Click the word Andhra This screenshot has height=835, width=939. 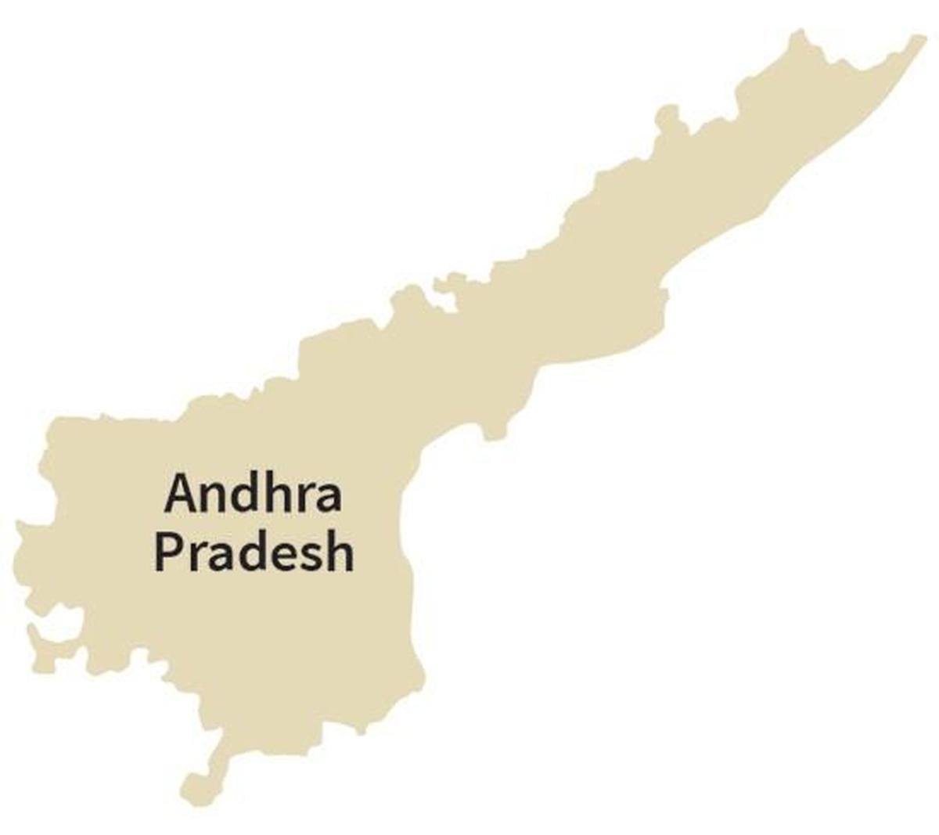(253, 494)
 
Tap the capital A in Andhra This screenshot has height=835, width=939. (179, 494)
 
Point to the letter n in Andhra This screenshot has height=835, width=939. (211, 498)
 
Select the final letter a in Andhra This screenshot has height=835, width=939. (324, 498)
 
